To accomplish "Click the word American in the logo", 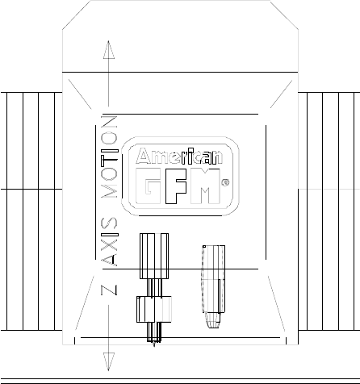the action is [179, 156].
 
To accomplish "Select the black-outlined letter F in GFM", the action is [176, 186].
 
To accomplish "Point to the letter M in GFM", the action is [205, 186].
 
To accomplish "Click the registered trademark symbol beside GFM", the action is [225, 182].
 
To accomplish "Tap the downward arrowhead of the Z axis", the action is [109, 361].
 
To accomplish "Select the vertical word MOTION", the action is [109, 157].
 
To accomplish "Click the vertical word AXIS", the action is [109, 241].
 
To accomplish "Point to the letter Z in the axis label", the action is [109, 290].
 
